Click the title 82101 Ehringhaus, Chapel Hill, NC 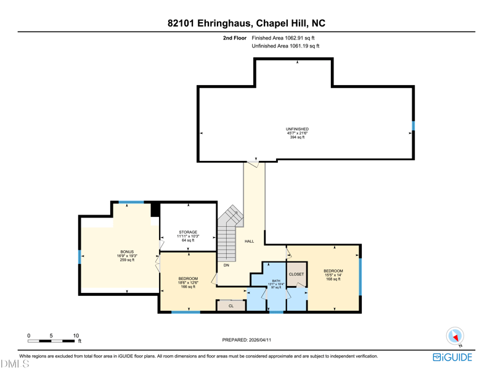246,23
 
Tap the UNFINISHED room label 297,129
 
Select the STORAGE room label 188,232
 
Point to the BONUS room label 127,252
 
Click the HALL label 250,241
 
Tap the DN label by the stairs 226,265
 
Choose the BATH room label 276,281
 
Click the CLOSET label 296,274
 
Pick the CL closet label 231,306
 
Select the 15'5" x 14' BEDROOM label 333,271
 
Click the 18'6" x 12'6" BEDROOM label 188,279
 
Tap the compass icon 455,336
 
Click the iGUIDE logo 452,358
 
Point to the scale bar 51,341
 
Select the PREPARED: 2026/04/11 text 246,340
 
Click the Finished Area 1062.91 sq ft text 283,38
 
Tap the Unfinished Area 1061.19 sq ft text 285,46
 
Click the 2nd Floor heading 235,38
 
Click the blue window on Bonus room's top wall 131,202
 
